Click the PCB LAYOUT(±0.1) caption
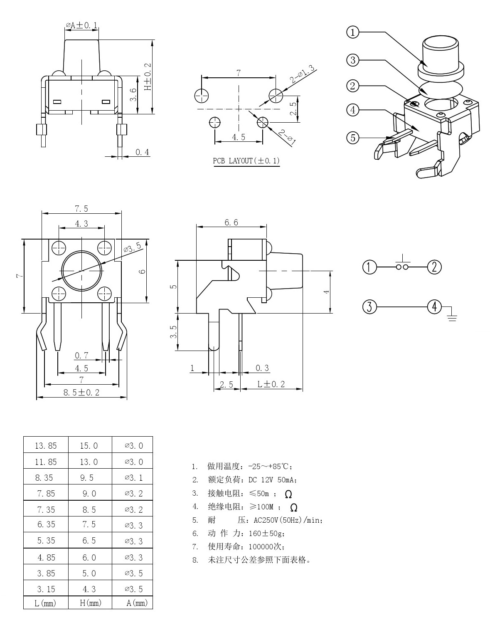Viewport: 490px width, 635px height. click(x=246, y=161)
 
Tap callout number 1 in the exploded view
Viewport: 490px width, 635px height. click(x=353, y=32)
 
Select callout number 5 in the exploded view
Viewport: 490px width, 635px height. click(x=353, y=137)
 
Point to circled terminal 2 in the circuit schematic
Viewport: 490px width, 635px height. click(x=434, y=267)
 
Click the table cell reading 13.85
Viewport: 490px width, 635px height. click(x=46, y=446)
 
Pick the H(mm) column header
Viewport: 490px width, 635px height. click(x=91, y=603)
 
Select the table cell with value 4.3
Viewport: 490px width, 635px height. click(x=89, y=589)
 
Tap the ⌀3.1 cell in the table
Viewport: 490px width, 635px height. click(x=134, y=478)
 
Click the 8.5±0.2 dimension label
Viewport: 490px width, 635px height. click(x=81, y=392)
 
